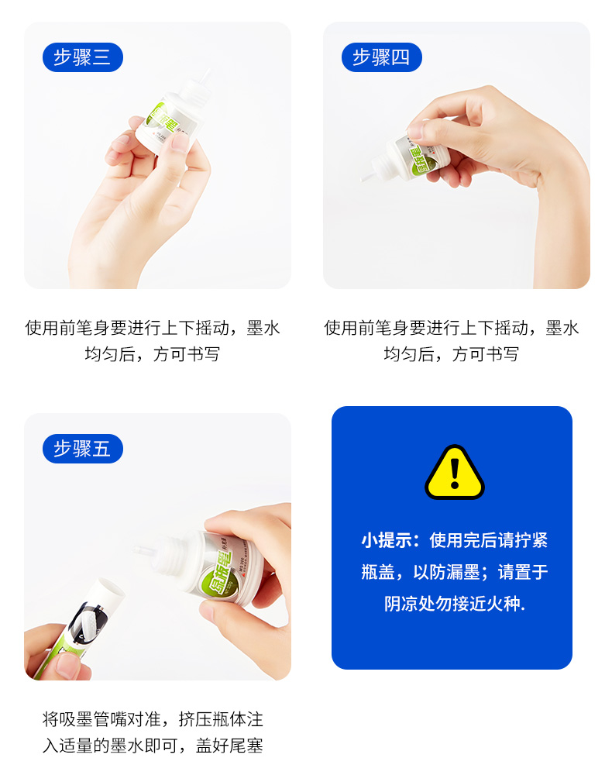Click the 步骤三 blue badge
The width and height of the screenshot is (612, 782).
[83, 57]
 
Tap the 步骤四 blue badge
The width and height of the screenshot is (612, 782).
[382, 57]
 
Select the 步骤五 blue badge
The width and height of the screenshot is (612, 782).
[83, 449]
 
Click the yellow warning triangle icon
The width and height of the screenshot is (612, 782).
[455, 473]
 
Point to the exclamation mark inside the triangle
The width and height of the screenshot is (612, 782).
[455, 474]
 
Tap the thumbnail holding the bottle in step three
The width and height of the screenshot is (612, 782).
[179, 142]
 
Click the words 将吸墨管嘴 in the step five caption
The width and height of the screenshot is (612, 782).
[84, 720]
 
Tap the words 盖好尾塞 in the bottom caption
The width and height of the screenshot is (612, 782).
[229, 746]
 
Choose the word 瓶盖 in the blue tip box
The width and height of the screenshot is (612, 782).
[378, 572]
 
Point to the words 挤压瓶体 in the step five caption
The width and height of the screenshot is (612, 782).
[211, 720]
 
